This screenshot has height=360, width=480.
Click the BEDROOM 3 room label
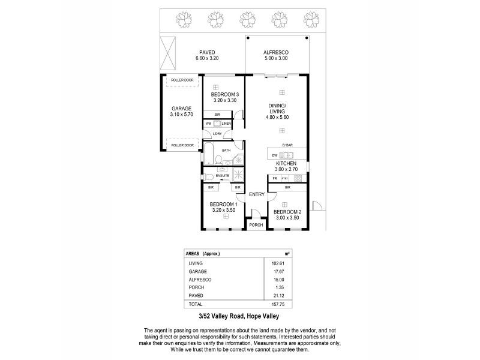click(x=225, y=94)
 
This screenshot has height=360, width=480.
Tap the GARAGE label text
click(x=181, y=109)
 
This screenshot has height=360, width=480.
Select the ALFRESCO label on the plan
click(x=277, y=52)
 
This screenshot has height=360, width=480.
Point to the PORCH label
click(x=256, y=226)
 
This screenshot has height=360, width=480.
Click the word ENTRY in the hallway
click(x=256, y=193)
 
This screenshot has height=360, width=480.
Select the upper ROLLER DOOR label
click(x=182, y=80)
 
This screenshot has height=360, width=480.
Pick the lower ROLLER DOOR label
click(x=182, y=145)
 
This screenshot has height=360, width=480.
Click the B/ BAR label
click(x=287, y=145)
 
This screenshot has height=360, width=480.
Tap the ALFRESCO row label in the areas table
click(x=199, y=279)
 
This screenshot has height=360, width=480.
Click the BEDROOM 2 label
click(x=287, y=212)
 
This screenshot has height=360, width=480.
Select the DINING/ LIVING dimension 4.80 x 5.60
click(x=278, y=118)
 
